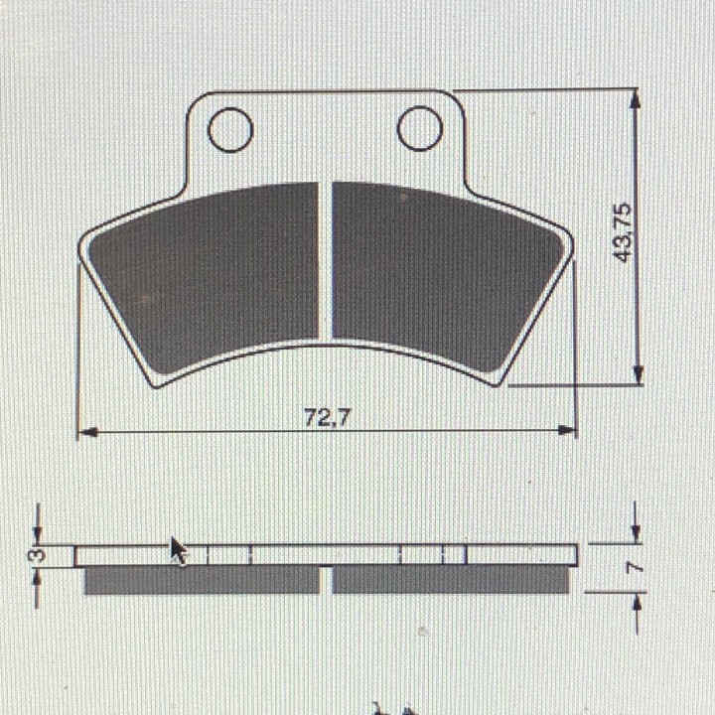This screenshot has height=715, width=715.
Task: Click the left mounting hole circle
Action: click(230, 130)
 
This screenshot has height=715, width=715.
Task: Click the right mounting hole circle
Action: click(419, 128)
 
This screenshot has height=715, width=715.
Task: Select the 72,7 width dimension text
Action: click(327, 418)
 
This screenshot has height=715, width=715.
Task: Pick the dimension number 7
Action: click(637, 568)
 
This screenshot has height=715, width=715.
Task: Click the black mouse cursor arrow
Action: click(178, 550)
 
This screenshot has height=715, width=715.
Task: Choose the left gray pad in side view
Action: click(202, 580)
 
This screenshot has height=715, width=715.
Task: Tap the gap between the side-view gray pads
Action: click(326, 580)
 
